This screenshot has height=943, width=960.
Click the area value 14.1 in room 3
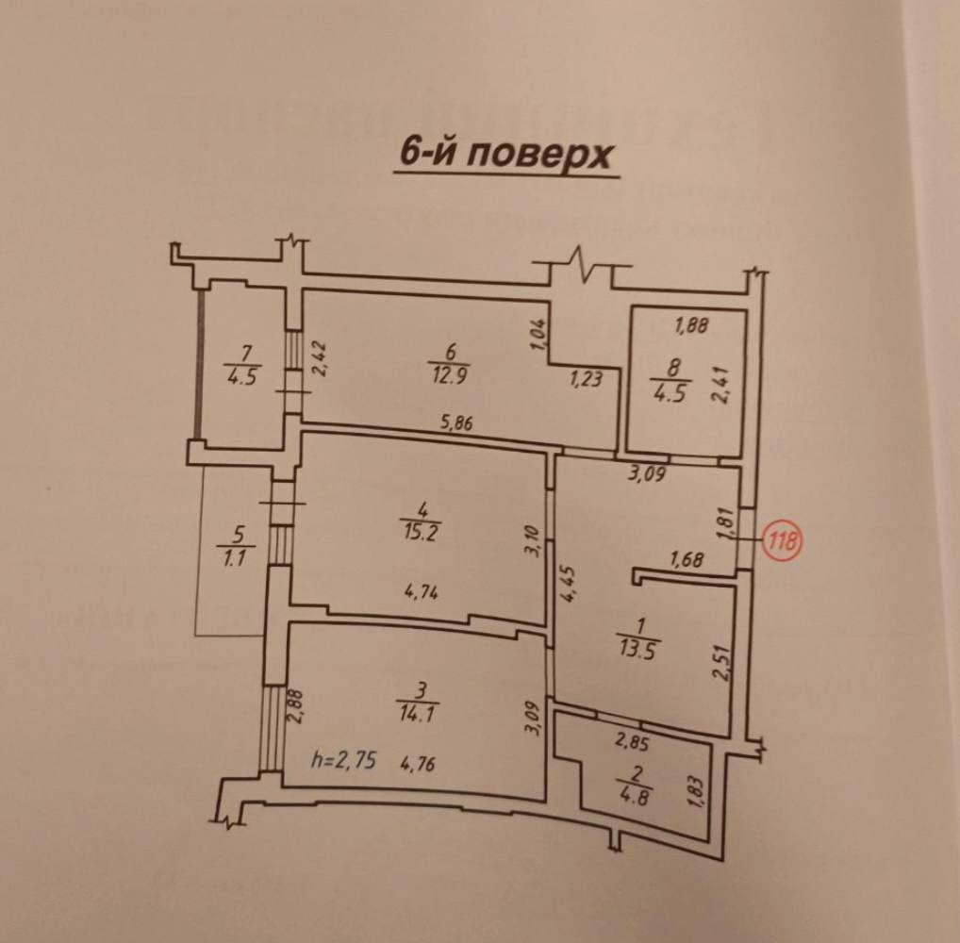coord(418,713)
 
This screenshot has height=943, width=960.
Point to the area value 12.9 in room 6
coord(448,374)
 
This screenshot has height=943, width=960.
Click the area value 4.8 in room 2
coord(635,798)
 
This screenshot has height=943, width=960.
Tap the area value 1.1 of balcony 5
coord(235,558)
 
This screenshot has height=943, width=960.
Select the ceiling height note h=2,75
coord(343,761)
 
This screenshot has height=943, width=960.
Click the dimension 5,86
coord(456,422)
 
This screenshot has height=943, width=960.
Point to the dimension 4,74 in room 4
coord(422,592)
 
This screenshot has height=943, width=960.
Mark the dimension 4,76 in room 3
coord(418,764)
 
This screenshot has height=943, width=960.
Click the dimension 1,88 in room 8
coord(691,324)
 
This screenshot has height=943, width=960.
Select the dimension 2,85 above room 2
coord(633,743)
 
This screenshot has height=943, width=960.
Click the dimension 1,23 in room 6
coord(587,380)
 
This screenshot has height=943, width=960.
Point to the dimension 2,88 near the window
coord(297,706)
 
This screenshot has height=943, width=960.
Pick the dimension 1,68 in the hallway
coord(687,558)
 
